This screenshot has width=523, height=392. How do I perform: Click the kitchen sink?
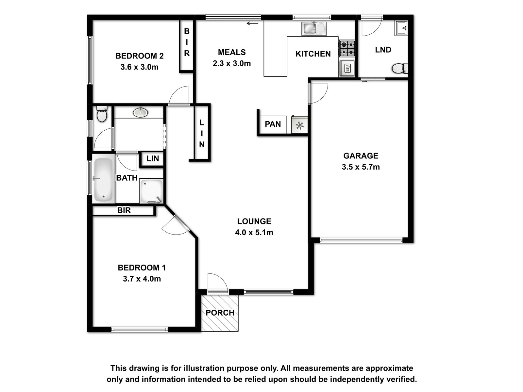[314, 28]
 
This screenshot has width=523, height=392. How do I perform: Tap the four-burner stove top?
[347, 48]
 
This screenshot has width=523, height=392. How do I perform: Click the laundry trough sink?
[401, 28]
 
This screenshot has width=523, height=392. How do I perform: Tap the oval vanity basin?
[140, 112]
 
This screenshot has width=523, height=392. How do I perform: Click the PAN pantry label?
[273, 124]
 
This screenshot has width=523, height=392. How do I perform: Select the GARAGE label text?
[361, 156]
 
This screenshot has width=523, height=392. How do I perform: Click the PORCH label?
[220, 313]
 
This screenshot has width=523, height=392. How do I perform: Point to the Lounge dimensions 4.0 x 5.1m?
[254, 232]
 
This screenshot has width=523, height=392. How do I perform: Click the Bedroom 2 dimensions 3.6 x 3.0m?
[139, 67]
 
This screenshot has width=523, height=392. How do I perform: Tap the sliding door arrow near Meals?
[252, 23]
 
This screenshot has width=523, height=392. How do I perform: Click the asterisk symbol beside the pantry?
[299, 125]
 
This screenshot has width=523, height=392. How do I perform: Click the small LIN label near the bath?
[153, 158]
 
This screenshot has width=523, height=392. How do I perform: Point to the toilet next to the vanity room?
[102, 114]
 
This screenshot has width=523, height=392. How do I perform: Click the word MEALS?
[232, 52]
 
